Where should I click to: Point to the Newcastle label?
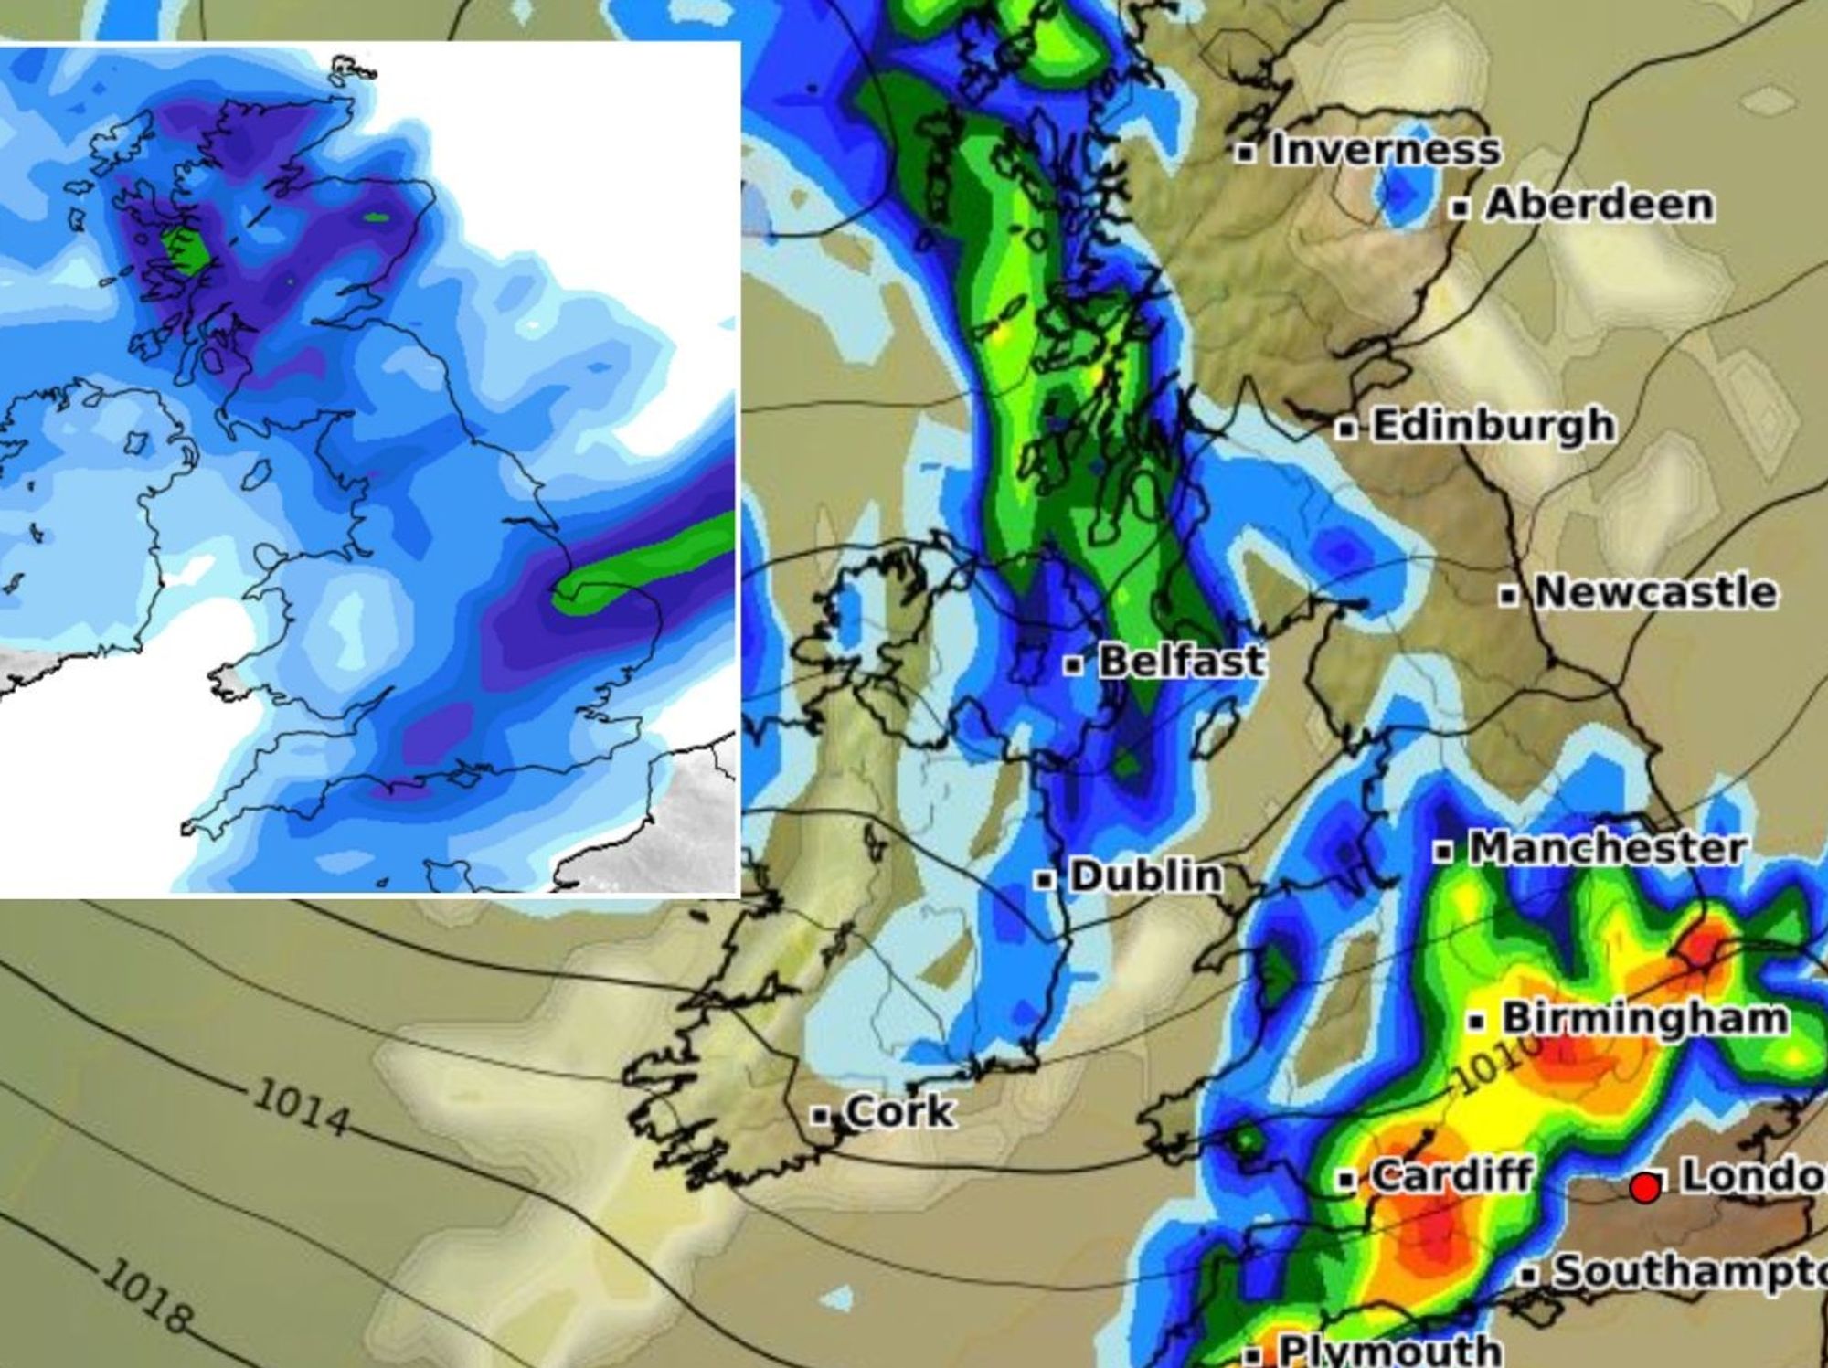coord(1655,592)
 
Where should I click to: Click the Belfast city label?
coord(1182,661)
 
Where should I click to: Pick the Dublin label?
coord(1145,876)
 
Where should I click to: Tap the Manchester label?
coord(1607,849)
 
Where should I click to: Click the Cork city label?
coord(899,1112)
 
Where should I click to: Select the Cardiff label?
coord(1451,1175)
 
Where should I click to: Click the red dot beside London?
coord(1645,1189)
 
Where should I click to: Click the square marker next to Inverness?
coord(1244,153)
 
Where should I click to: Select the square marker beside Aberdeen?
coord(1461,208)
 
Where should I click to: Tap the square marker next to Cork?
coord(822,1116)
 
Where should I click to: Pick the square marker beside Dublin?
coord(1044,880)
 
